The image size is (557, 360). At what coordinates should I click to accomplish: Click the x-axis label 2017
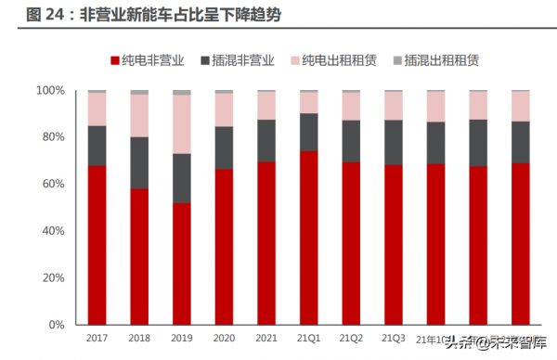(x=97, y=339)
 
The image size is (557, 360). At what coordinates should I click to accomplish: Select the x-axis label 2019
(x=182, y=339)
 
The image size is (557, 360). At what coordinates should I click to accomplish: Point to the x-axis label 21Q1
(x=308, y=339)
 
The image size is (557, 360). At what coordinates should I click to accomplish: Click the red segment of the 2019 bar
(x=182, y=264)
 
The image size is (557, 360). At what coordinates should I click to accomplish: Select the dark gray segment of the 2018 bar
(x=139, y=163)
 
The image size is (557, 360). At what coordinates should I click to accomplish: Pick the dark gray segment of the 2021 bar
(x=266, y=140)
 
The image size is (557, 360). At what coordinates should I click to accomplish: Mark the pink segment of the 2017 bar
(x=97, y=109)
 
